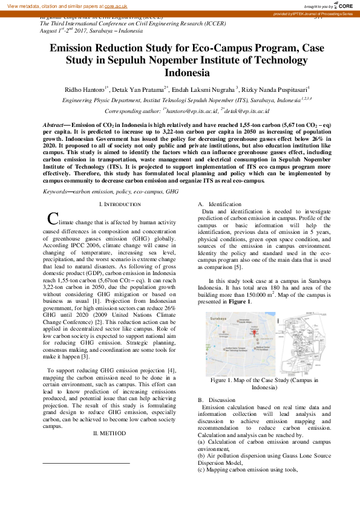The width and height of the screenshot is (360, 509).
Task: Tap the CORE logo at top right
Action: click(x=344, y=5)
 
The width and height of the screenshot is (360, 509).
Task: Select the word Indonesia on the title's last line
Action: click(x=180, y=74)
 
